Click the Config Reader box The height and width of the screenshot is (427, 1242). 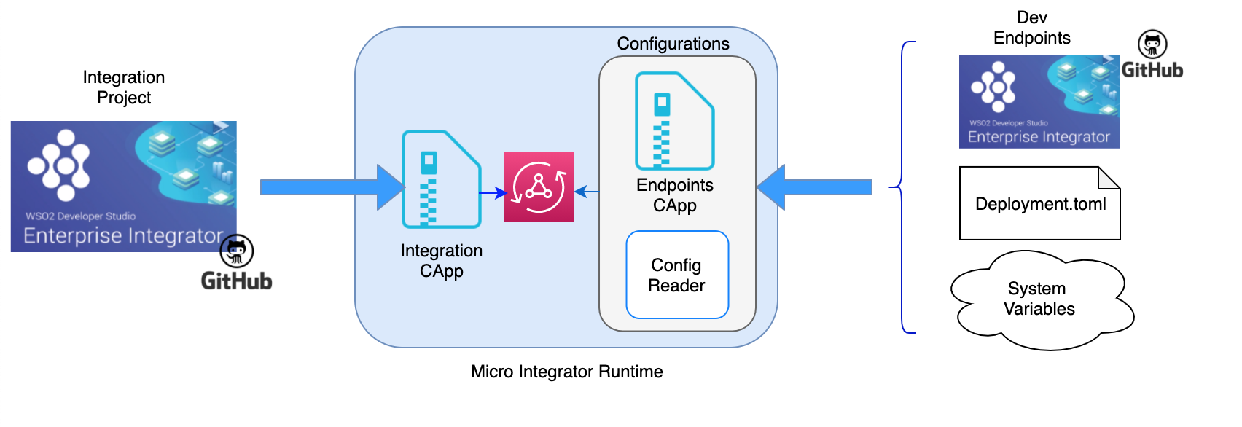point(677,275)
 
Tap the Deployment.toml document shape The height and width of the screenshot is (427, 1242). point(1039,203)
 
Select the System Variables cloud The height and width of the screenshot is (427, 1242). point(1040,299)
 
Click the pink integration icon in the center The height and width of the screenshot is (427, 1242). point(539,187)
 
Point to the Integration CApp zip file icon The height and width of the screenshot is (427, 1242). point(441,179)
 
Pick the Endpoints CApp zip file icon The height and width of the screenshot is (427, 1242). point(674,121)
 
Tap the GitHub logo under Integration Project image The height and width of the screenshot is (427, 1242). point(237,264)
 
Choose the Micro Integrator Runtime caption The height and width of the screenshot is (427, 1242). point(566,372)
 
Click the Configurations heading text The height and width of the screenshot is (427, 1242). point(673,44)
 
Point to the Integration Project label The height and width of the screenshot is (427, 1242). point(124,87)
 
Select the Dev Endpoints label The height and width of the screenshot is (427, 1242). point(1032,28)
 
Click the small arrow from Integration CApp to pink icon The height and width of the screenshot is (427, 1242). point(493,193)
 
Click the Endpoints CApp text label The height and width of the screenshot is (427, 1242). point(675,195)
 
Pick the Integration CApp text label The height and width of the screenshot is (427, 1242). point(442,261)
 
